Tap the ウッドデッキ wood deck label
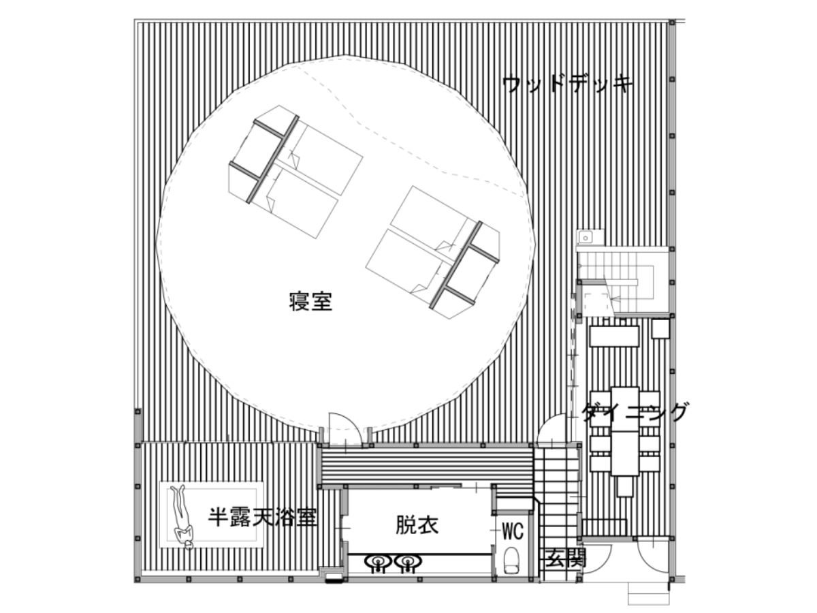(567, 85)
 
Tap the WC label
(513, 531)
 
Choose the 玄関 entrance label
(566, 559)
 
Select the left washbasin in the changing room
(378, 562)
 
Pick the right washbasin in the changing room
(408, 562)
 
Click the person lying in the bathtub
(183, 516)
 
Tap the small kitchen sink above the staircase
(590, 237)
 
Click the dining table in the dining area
(625, 431)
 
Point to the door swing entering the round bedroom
(345, 428)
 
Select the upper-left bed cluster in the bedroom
(295, 171)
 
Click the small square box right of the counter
(660, 328)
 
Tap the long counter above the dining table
(614, 336)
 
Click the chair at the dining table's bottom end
(625, 486)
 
